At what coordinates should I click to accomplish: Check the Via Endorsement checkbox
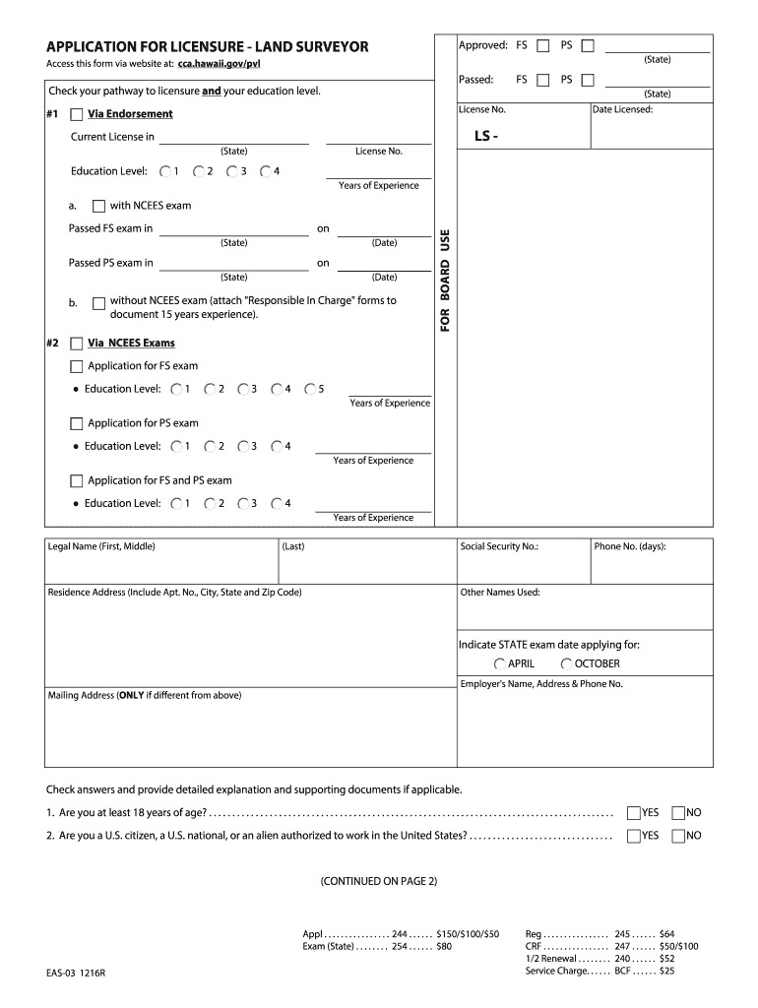coord(77,114)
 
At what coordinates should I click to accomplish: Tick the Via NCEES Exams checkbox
coord(77,344)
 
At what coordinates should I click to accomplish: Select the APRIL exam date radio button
coord(500,663)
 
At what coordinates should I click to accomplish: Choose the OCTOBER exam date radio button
coord(567,663)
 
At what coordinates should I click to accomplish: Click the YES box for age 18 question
coord(633,813)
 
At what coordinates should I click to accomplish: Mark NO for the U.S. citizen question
coord(677,836)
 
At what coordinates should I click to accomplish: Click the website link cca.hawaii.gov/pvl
coord(219,64)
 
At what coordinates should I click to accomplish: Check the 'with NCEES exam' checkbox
coord(98,207)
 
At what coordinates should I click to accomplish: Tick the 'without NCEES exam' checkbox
coord(98,304)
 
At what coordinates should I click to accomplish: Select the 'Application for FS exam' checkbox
coord(77,366)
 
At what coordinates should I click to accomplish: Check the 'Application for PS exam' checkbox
coord(77,423)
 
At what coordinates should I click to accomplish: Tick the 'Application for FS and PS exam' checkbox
coord(77,481)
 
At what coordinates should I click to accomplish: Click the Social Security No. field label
coord(499,546)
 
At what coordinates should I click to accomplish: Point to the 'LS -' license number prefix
coord(486,136)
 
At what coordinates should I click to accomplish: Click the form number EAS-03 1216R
coord(76,973)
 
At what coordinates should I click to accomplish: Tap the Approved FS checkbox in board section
coord(542,45)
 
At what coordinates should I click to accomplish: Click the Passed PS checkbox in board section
coord(588,80)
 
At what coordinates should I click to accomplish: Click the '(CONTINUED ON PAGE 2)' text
coord(378,881)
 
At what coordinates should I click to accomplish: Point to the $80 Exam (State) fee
coord(444,946)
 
